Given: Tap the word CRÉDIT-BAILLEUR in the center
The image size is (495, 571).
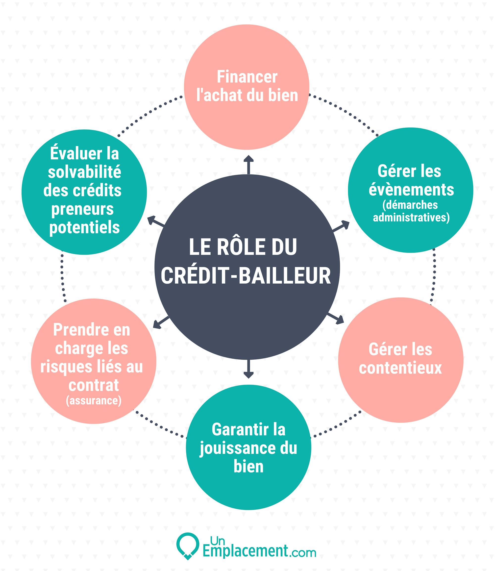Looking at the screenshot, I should (x=246, y=276).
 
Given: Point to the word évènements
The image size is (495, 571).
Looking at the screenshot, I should (x=411, y=190).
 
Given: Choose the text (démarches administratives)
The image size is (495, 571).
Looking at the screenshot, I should (x=411, y=211).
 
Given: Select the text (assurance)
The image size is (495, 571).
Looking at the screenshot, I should (x=94, y=400).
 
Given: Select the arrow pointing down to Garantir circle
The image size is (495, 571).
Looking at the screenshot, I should (x=248, y=369).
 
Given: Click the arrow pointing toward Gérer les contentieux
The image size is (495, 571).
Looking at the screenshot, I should (x=336, y=319).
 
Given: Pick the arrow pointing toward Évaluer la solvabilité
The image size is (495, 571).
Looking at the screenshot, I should (x=156, y=221).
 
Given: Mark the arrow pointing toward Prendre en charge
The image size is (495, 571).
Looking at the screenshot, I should (x=161, y=323).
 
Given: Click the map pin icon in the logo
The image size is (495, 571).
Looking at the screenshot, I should (x=188, y=546).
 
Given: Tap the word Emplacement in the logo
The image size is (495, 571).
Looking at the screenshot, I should (x=245, y=552).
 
